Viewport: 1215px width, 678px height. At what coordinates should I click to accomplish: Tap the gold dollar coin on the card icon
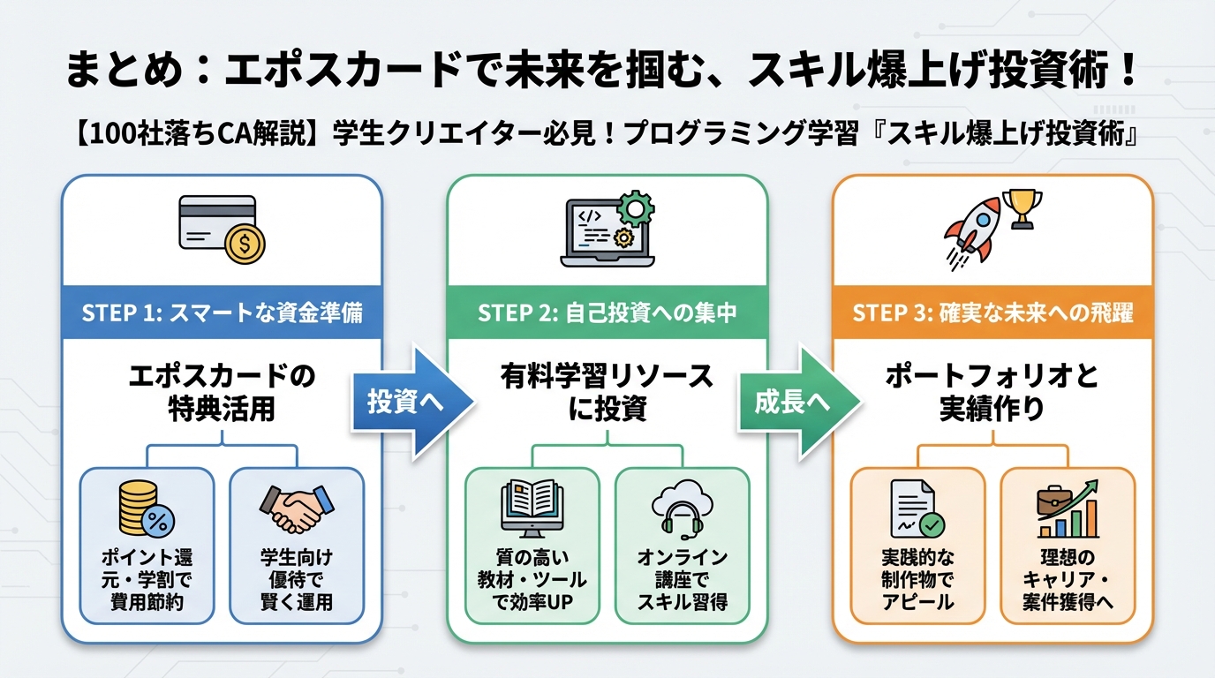point(244,244)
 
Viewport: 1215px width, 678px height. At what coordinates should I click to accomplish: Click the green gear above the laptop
point(634,208)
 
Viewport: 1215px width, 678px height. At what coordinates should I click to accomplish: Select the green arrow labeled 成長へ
point(793,401)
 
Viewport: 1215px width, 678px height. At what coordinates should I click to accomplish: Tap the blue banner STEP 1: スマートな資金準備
point(222,313)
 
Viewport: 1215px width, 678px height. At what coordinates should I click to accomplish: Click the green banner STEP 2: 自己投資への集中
point(607,313)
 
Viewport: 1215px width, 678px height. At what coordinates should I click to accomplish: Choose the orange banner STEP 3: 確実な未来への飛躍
point(992,313)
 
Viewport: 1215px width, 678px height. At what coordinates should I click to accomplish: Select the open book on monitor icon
point(532,509)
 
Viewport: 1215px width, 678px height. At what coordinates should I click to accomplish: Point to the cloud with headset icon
point(682,510)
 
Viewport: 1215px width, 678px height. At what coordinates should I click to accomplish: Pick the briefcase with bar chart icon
point(1067,509)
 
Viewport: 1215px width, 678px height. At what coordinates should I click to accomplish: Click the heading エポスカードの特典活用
point(222,392)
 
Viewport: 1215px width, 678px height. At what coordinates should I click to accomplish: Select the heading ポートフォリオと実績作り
point(992,392)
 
